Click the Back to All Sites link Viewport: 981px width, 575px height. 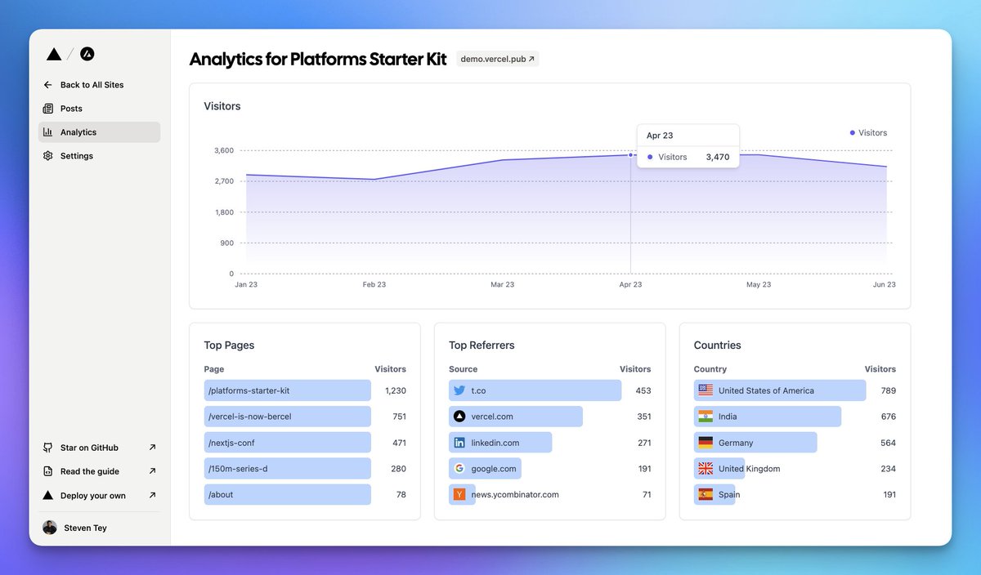92,85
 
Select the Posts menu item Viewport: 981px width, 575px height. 71,109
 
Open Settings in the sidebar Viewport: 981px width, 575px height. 76,156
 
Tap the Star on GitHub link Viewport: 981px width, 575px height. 89,448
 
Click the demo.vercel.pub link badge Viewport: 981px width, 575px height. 497,59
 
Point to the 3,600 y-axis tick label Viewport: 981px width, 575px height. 223,150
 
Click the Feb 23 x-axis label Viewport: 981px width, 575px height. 374,285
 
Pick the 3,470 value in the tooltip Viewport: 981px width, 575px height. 717,157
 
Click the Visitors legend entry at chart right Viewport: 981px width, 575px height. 868,132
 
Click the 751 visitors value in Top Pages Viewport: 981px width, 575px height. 398,417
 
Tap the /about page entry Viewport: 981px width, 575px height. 221,495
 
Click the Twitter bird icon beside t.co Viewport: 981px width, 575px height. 459,390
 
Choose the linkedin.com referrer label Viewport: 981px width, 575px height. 495,443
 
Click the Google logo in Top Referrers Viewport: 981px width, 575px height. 459,469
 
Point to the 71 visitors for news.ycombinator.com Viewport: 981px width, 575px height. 646,495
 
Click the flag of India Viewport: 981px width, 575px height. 706,417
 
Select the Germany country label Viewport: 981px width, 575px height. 736,443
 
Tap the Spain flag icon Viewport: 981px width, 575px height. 706,495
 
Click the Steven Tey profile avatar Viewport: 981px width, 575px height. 50,528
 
